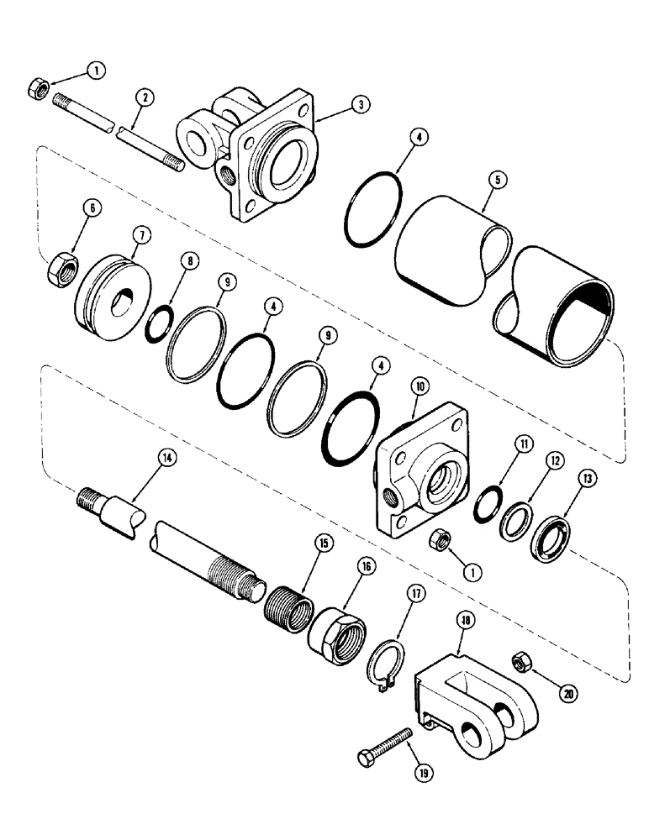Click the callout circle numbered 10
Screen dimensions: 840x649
(x=419, y=386)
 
